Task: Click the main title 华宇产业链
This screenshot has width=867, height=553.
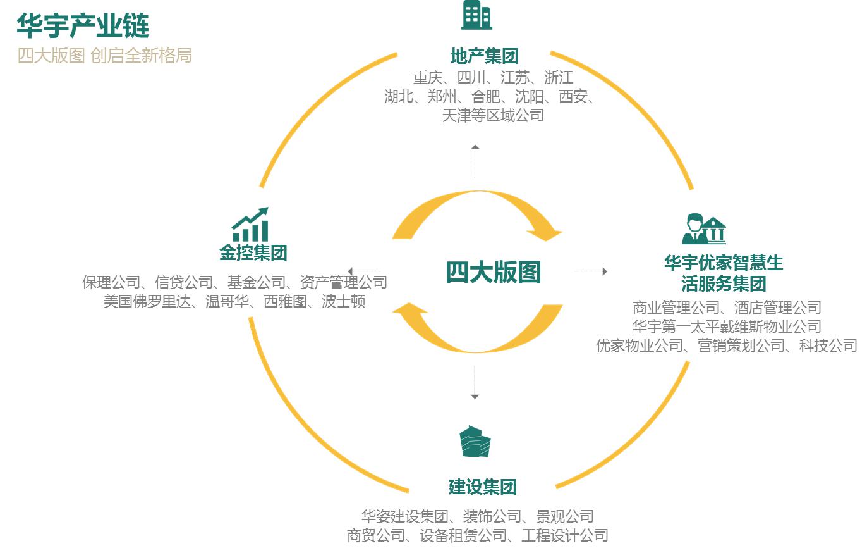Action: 83,26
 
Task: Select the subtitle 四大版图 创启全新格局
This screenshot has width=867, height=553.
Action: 104,56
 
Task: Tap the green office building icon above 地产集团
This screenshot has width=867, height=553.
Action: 476,15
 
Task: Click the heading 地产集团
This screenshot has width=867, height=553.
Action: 485,56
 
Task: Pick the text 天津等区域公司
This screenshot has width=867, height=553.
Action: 493,116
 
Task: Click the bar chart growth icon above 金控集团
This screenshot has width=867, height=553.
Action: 250,225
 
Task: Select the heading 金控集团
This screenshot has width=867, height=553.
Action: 253,254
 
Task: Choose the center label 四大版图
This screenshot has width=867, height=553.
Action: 494,272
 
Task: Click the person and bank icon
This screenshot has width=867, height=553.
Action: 704,229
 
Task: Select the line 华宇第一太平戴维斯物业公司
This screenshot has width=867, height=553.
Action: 727,326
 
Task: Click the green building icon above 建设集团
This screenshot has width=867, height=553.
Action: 475,441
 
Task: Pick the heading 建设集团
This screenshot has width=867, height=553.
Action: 483,487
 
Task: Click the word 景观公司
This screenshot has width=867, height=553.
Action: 565,517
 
